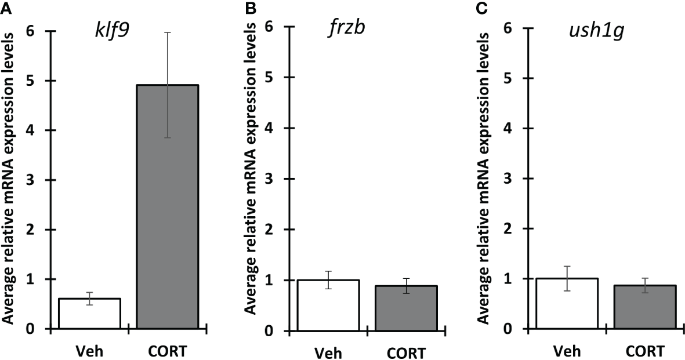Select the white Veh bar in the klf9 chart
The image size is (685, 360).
tap(89, 314)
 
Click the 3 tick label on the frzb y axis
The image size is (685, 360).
tap(270, 179)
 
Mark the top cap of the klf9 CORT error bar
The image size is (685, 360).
tap(168, 32)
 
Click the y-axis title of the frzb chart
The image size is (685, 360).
tap(249, 174)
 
